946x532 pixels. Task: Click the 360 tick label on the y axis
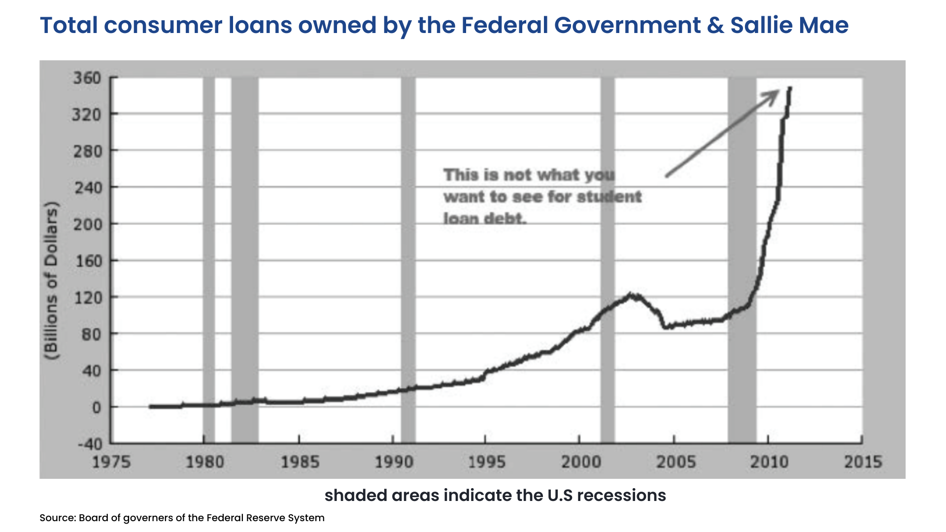coord(87,78)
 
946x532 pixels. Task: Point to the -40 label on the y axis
coord(90,444)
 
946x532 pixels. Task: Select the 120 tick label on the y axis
coord(88,298)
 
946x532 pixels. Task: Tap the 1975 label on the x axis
coord(111,462)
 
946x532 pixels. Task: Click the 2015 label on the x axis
coord(863,462)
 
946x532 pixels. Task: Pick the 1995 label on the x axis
coord(486,462)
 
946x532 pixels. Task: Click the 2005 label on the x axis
coord(676,462)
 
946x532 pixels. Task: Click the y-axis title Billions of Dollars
coord(51,281)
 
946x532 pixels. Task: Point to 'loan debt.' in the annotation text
coord(485,218)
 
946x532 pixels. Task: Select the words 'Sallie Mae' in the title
coord(789,25)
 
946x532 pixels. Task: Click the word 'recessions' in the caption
coord(621,495)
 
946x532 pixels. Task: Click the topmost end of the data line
coord(790,88)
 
